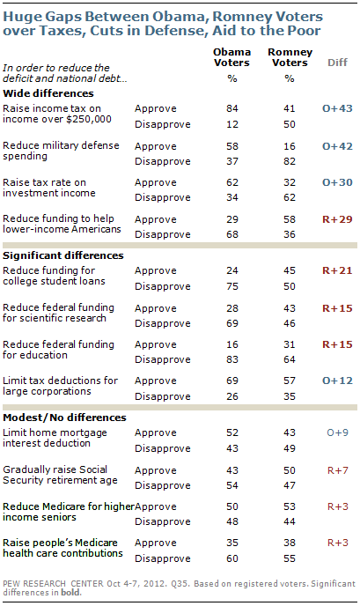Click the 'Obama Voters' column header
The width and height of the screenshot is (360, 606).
click(231, 57)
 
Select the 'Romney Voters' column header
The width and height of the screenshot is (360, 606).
click(290, 57)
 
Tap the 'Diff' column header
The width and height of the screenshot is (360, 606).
click(337, 63)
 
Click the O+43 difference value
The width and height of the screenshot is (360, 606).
click(337, 108)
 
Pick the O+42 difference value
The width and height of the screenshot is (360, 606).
click(337, 146)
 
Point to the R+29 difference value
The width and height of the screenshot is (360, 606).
click(337, 219)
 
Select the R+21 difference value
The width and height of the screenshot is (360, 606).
click(337, 270)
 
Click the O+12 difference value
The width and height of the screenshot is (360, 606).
click(337, 381)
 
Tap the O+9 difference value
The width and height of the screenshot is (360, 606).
click(337, 432)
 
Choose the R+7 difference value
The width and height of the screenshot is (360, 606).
click(337, 470)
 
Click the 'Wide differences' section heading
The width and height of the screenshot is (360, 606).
click(48, 93)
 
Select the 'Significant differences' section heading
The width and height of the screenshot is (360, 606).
click(63, 255)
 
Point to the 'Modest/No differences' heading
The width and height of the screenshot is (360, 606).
click(64, 418)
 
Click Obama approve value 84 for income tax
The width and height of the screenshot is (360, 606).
click(232, 108)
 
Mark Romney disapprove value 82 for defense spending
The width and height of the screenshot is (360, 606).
click(290, 161)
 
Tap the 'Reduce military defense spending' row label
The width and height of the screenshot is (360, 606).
click(61, 151)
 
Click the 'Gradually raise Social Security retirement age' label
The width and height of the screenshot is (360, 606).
click(60, 475)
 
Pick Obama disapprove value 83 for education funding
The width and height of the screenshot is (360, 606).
click(232, 359)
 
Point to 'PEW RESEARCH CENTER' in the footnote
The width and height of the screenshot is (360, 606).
click(53, 583)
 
